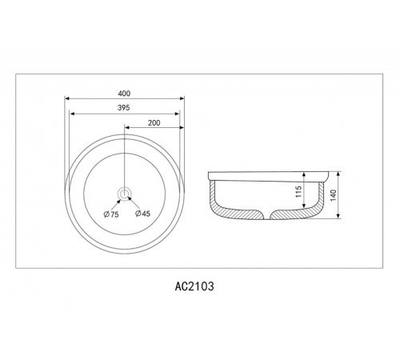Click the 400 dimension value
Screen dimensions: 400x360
click(x=124, y=94)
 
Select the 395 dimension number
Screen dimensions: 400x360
click(x=124, y=108)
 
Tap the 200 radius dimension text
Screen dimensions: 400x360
click(x=154, y=123)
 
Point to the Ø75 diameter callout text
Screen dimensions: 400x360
click(x=111, y=214)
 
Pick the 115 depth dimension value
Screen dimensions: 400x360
click(x=298, y=192)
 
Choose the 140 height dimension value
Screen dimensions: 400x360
click(x=334, y=195)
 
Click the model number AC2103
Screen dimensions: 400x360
click(x=194, y=286)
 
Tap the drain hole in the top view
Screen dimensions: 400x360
click(x=124, y=194)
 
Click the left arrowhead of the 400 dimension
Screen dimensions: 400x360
click(x=67, y=98)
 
